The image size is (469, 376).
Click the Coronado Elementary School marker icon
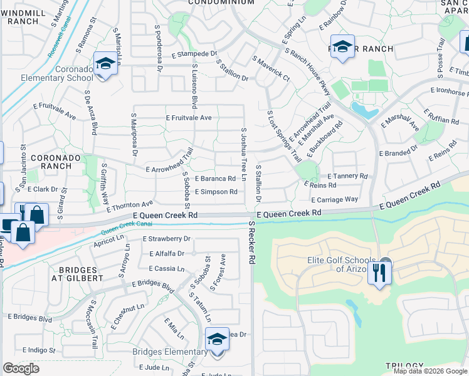(x=105, y=64)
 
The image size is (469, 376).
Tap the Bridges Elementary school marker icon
(x=217, y=341)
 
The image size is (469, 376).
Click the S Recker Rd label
(x=253, y=241)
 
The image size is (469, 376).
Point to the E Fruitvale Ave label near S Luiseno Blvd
(x=189, y=118)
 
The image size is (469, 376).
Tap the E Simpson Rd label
(x=216, y=192)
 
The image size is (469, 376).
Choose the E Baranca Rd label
(x=215, y=179)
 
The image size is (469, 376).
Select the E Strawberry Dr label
(x=166, y=239)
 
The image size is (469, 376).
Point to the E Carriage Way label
(x=334, y=199)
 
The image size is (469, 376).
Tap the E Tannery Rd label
(x=347, y=176)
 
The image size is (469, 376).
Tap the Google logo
(x=21, y=368)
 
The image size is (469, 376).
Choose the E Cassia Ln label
(x=167, y=268)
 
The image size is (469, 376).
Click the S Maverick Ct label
(x=271, y=69)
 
